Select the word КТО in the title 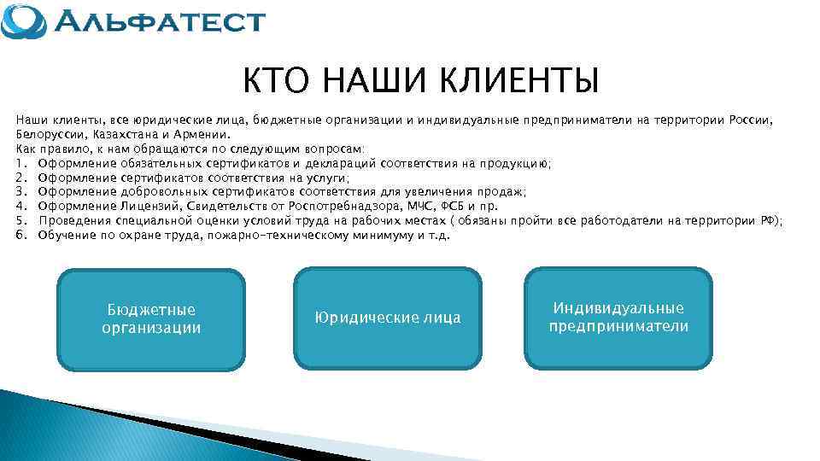pos(275,82)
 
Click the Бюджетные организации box pos(151,319)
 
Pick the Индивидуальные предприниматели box pos(618,318)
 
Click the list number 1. pos(20,163)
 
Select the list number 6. pos(20,235)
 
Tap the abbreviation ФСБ pos(452,206)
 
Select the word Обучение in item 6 pos(67,235)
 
